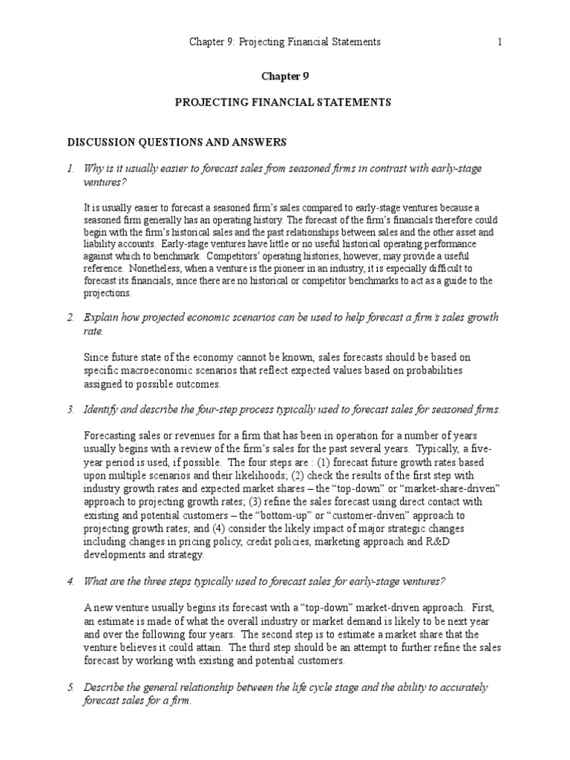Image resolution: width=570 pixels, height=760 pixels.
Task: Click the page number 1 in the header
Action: pos(499,42)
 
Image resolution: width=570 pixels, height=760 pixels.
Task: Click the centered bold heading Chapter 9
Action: pos(285,76)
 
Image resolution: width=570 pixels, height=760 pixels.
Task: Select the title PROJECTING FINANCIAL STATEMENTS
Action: pos(284,102)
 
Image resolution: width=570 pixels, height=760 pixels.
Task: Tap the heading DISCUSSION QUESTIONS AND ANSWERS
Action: pos(177,142)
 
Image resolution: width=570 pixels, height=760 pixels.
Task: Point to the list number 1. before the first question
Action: pos(71,169)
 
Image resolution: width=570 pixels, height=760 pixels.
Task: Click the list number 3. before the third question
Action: pos(71,410)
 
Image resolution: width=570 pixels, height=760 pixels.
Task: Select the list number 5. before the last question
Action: pos(71,688)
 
